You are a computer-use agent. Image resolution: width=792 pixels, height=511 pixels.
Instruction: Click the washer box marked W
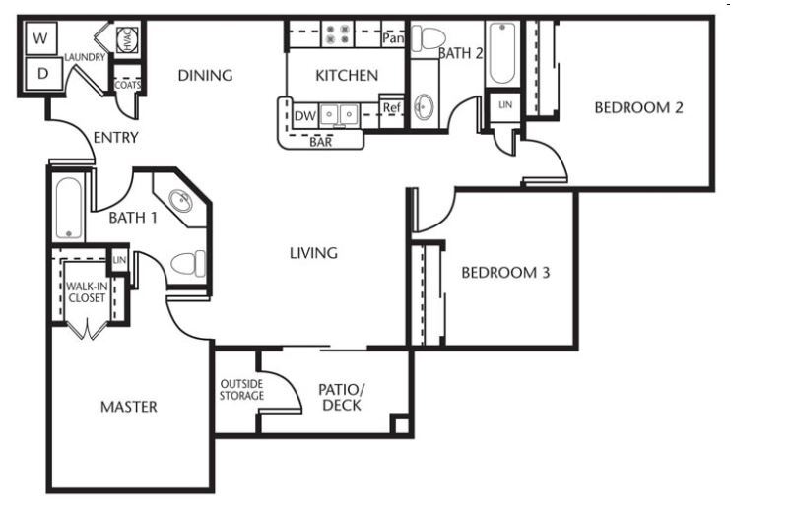click(40, 38)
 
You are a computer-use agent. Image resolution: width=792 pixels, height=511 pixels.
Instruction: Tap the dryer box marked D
click(43, 74)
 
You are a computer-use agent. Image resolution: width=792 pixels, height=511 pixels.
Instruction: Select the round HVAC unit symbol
click(127, 39)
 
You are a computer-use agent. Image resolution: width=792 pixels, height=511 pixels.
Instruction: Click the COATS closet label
click(127, 85)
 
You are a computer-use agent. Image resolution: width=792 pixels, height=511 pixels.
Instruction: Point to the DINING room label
click(206, 75)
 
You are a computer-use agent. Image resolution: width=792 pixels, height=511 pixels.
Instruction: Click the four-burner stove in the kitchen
click(338, 33)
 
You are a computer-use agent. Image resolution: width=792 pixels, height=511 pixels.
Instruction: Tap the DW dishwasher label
click(304, 116)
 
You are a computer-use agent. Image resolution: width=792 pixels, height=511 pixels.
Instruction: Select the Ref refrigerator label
click(392, 107)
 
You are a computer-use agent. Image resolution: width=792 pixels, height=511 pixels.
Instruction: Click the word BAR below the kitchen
click(321, 142)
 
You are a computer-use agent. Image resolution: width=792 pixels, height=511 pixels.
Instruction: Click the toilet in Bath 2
click(429, 38)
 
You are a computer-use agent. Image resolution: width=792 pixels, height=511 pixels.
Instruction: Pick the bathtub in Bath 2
click(502, 53)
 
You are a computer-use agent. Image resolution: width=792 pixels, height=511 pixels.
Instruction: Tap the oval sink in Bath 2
click(424, 107)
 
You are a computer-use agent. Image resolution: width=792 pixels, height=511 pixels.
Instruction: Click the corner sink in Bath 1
click(180, 201)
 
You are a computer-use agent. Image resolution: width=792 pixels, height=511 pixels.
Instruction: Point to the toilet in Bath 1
click(188, 264)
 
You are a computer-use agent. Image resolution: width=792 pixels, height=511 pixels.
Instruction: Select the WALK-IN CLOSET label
click(87, 292)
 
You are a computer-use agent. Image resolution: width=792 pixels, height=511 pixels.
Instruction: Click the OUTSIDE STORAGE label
click(241, 390)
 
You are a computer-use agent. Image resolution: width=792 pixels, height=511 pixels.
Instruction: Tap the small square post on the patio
click(401, 424)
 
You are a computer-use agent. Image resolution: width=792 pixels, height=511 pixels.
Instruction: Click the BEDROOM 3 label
click(505, 273)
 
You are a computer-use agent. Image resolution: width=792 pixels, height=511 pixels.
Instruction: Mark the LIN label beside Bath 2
click(505, 105)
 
